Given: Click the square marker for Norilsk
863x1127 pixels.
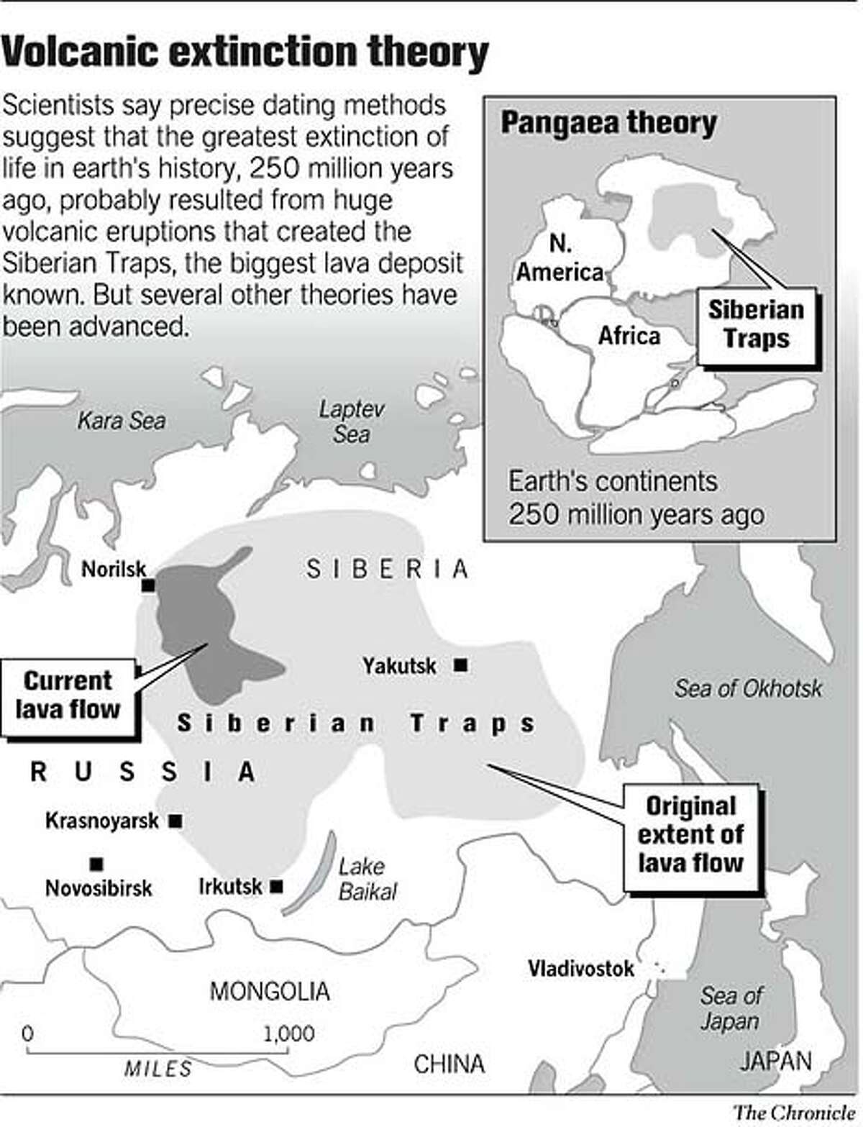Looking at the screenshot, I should tap(149, 586).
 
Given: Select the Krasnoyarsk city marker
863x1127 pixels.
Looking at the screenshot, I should tap(174, 820).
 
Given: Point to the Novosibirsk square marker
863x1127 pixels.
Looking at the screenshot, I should tap(96, 863).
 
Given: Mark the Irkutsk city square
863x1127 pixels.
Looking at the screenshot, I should tap(275, 887).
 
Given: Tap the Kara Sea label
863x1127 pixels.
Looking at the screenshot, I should tap(121, 421).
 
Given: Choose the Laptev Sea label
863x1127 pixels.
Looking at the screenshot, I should tap(352, 421).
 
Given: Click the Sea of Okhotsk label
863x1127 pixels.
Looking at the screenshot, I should tap(748, 688).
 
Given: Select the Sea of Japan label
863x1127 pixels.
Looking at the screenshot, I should tap(731, 1008).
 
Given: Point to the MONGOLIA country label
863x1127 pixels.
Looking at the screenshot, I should tap(270, 991).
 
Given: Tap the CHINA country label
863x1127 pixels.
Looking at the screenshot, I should tap(449, 1064).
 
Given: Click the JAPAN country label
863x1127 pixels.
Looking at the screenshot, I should tap(776, 1060).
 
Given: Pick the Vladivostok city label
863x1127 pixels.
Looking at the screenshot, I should tap(581, 968).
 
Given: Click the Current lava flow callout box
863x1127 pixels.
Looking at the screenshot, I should tap(68, 695).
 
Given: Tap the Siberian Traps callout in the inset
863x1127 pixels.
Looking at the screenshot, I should tap(756, 324).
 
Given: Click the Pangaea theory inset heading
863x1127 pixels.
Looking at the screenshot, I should tap(608, 122).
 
